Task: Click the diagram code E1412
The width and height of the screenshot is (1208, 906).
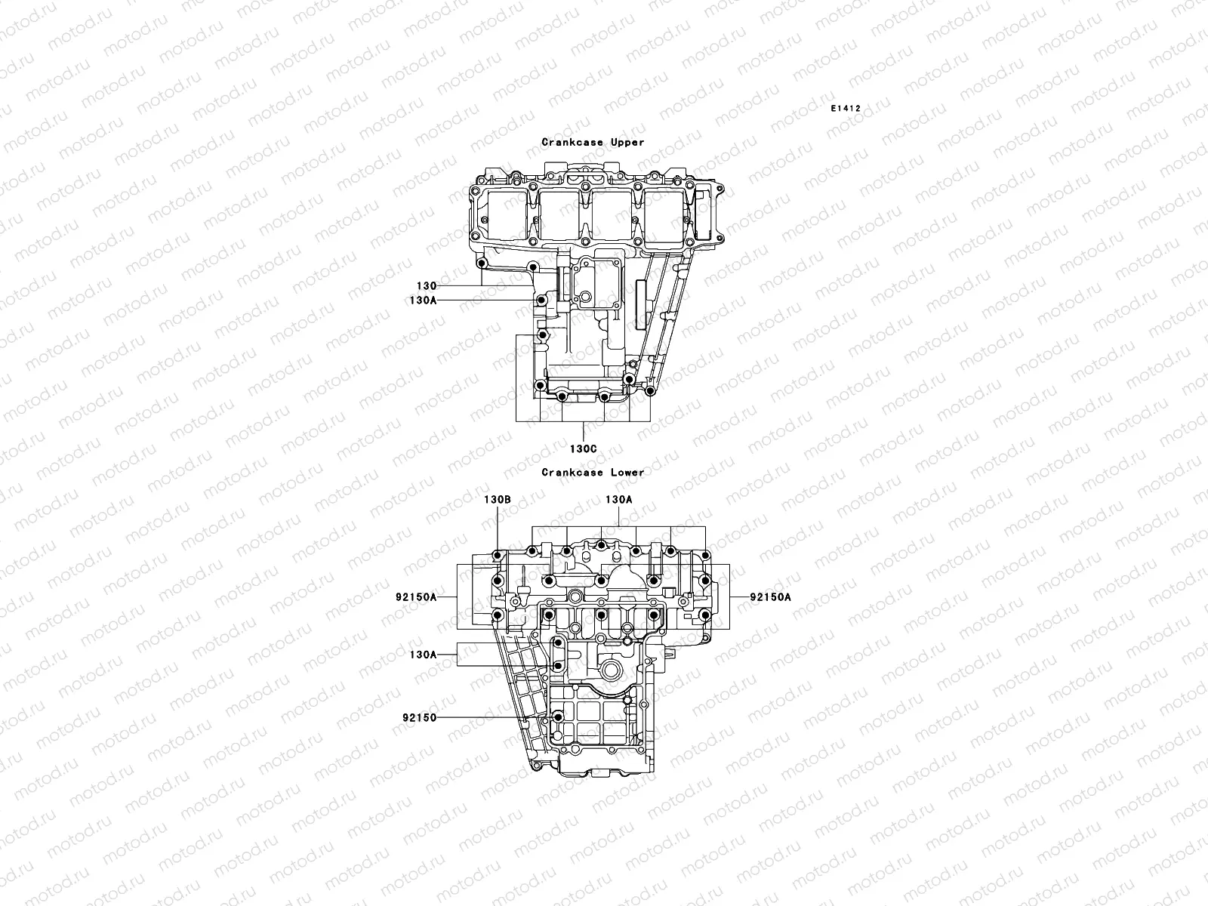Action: (846, 108)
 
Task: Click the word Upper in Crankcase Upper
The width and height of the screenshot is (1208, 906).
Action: (627, 142)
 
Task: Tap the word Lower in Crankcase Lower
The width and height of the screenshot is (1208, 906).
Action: (627, 472)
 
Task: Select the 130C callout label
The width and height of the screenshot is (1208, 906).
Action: (583, 448)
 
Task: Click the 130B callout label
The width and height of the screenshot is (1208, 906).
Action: (498, 500)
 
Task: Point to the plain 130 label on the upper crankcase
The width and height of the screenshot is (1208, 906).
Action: (426, 286)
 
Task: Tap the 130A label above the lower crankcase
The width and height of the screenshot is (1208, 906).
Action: (619, 500)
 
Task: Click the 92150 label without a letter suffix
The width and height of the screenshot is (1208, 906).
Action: (420, 717)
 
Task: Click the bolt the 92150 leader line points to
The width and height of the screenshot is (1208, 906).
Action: (558, 716)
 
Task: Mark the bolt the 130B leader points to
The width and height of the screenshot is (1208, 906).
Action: (498, 557)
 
